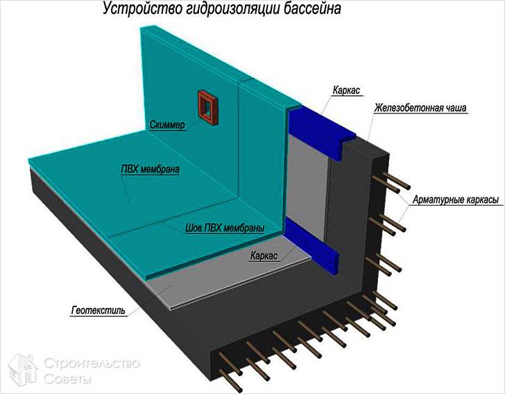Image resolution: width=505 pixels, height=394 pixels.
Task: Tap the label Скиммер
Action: click(167, 125)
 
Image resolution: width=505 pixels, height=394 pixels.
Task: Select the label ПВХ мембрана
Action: click(150, 169)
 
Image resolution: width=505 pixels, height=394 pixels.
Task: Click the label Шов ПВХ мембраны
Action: click(225, 228)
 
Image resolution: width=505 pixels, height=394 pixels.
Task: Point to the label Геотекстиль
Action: click(99, 311)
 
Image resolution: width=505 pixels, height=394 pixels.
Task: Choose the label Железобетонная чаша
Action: click(420, 108)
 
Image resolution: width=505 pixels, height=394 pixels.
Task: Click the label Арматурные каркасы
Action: click(456, 199)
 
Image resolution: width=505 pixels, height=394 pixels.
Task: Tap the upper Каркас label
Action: click(347, 90)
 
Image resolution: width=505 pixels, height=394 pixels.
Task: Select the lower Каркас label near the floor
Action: click(264, 256)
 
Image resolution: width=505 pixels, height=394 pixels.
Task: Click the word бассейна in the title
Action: click(312, 9)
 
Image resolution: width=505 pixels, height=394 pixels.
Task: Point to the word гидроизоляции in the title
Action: click(232, 9)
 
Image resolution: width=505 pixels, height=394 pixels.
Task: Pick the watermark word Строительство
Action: click(92, 363)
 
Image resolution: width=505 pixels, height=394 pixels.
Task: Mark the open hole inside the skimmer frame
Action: click(207, 107)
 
